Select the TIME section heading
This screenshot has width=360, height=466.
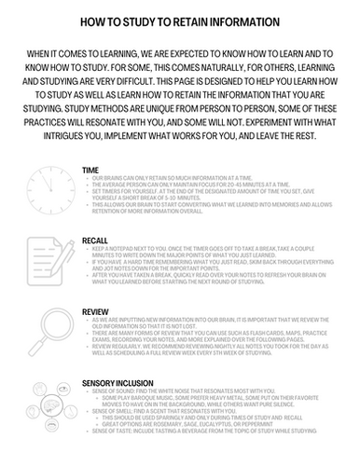tap(90, 171)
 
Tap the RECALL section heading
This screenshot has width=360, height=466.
tap(94, 240)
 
